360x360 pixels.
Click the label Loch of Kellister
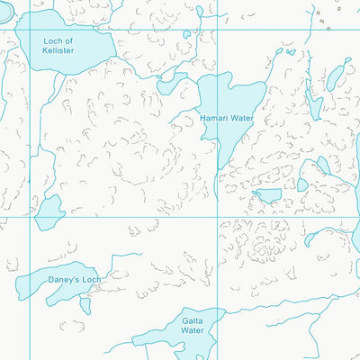click(58, 46)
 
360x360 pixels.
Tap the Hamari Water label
click(227, 118)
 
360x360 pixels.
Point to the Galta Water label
click(192, 325)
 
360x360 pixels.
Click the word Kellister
click(58, 51)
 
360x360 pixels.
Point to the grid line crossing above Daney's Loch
click(31, 216)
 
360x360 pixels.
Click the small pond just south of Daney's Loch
click(85, 305)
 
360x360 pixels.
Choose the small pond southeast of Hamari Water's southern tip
click(267, 195)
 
